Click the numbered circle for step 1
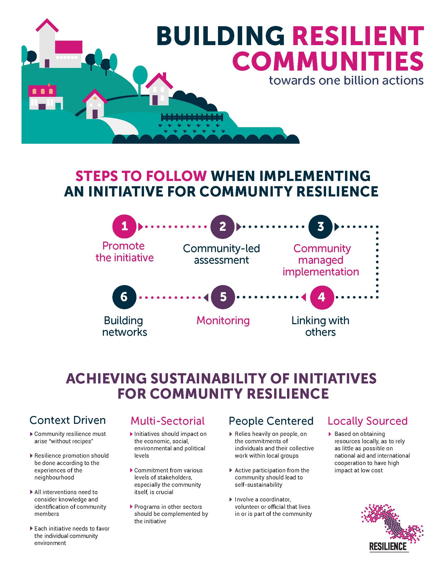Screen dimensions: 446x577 (124, 226)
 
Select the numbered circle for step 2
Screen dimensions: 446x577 (222, 226)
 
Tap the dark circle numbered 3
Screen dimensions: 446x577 (321, 226)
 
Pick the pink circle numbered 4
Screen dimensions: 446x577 (322, 297)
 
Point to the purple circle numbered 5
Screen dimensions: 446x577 (223, 297)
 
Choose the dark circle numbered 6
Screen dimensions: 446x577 (124, 297)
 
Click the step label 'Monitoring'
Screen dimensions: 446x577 (223, 321)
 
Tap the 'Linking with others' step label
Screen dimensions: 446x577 (321, 326)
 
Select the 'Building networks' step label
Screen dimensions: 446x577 (124, 326)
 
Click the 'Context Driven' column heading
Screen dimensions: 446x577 (68, 420)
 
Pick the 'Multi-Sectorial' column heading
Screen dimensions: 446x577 (168, 421)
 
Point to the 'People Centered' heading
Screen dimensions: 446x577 (271, 421)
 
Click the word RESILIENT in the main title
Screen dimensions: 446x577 (358, 36)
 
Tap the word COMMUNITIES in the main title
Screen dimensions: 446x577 (328, 61)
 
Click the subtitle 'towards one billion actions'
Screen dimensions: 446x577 (346, 80)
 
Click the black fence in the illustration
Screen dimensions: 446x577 (192, 117)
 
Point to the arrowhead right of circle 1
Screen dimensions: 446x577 (141, 227)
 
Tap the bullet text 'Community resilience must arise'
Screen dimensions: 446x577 (70, 438)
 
